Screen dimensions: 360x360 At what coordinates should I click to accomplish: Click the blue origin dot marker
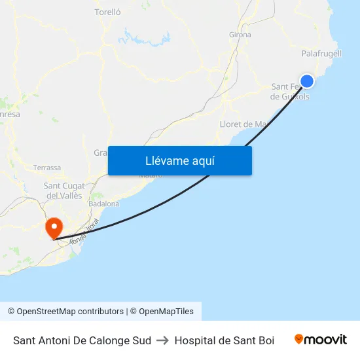point(306,81)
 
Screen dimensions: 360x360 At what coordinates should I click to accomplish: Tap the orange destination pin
point(53,228)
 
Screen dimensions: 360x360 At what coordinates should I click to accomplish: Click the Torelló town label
point(108,11)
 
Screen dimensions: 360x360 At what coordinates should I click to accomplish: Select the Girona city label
point(240,35)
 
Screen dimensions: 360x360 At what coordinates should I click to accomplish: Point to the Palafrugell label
point(321,53)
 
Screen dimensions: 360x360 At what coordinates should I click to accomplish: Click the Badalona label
point(104,204)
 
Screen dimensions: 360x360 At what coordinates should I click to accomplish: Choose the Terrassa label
point(46,168)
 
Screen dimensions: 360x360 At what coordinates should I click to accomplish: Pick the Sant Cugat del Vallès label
point(63,190)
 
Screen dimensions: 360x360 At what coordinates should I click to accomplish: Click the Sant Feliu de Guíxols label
point(289,92)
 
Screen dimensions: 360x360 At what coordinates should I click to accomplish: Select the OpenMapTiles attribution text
point(166,312)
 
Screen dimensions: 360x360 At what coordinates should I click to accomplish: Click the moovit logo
point(320,340)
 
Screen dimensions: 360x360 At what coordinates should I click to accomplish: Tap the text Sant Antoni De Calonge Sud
point(82,340)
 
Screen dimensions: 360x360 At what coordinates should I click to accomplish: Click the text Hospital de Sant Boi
point(225,340)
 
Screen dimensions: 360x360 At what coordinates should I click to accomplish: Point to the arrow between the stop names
point(162,340)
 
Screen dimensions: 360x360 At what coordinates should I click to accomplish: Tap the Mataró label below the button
point(151,175)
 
